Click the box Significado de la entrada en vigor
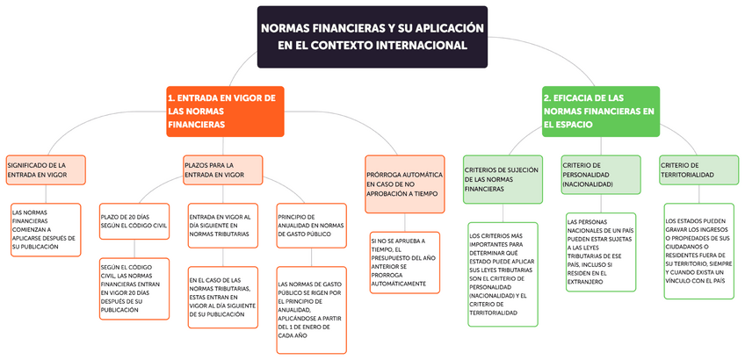(45, 169)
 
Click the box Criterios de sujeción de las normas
(503, 178)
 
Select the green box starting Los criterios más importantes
(503, 273)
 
